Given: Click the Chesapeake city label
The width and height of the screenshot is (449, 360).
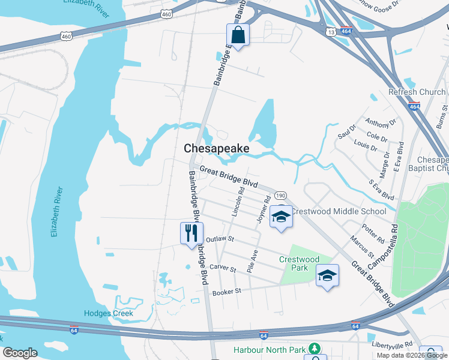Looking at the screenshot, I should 216,148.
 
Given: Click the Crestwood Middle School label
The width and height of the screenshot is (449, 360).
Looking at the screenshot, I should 339,211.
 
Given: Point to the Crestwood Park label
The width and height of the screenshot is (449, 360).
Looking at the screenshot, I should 298,263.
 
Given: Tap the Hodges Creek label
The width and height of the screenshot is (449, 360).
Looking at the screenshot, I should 109,313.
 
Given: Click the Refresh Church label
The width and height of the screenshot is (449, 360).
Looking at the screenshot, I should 417,92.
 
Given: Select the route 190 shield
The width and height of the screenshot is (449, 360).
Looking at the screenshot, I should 280,196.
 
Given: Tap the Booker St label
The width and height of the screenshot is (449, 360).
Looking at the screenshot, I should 226,292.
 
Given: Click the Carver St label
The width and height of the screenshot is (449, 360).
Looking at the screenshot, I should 222,266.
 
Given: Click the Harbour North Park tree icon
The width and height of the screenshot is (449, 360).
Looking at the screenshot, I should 313,349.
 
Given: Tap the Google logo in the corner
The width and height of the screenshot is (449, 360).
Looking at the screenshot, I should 20,353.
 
